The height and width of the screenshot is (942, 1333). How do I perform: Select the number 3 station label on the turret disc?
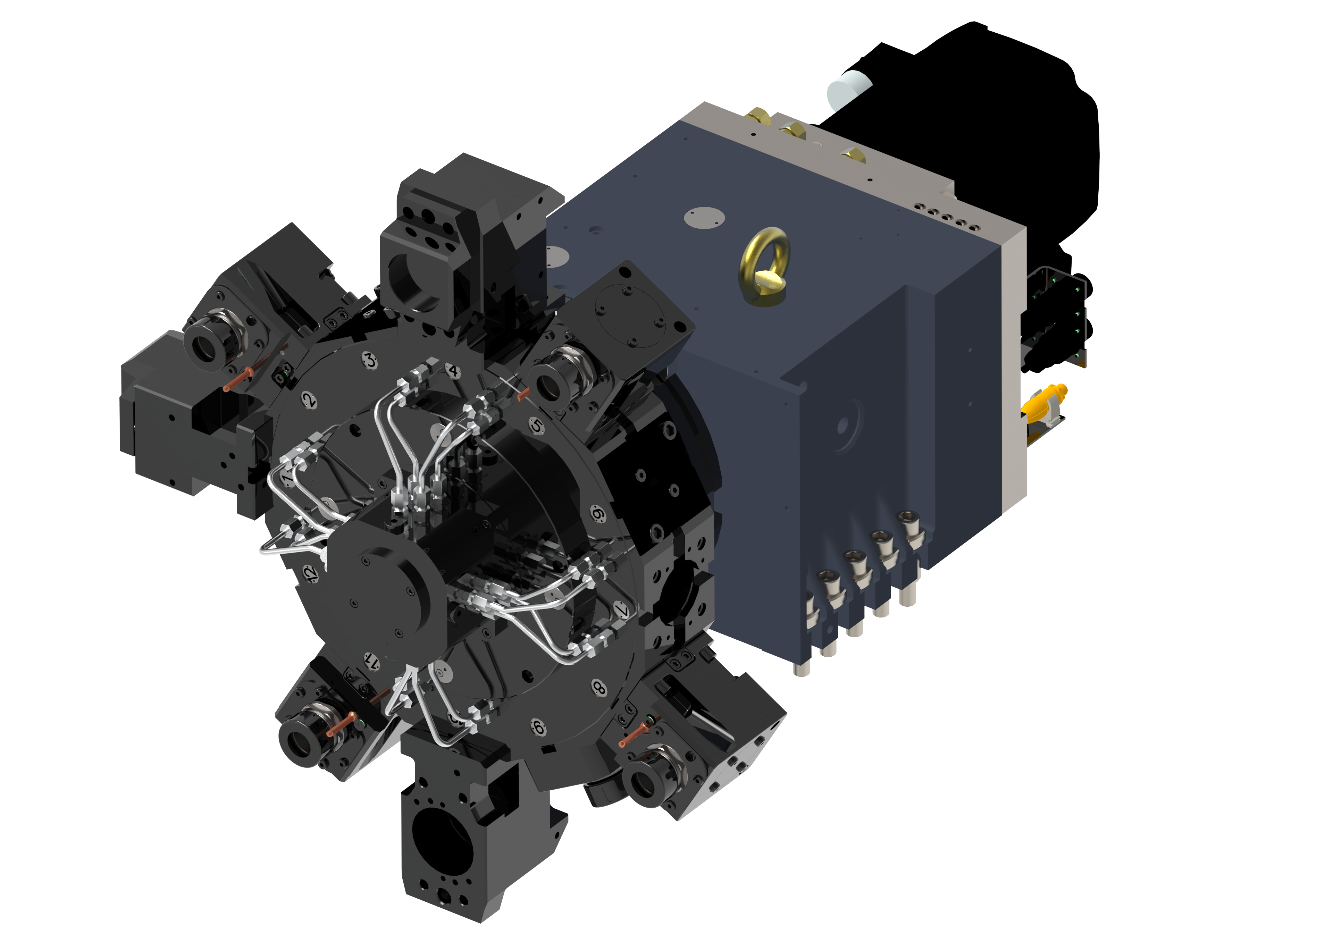click(370, 360)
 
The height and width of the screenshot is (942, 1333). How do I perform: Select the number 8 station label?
click(598, 688)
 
